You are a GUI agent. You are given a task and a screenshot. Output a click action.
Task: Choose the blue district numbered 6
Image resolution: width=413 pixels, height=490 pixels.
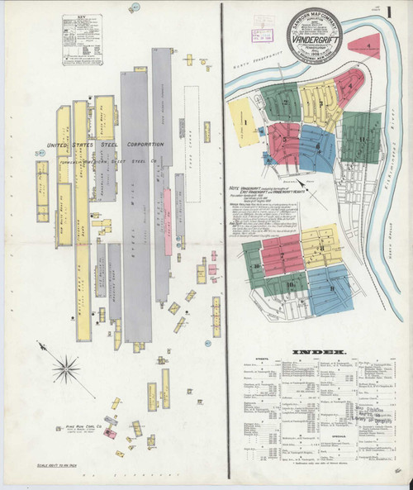tap(318, 145)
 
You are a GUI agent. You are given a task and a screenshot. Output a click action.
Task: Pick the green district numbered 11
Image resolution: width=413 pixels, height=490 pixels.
tap(361, 137)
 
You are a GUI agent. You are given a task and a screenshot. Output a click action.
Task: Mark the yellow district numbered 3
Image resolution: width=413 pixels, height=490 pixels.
tap(319, 102)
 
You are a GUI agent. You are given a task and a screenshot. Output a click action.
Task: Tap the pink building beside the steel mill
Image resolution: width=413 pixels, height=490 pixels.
tap(167, 210)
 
